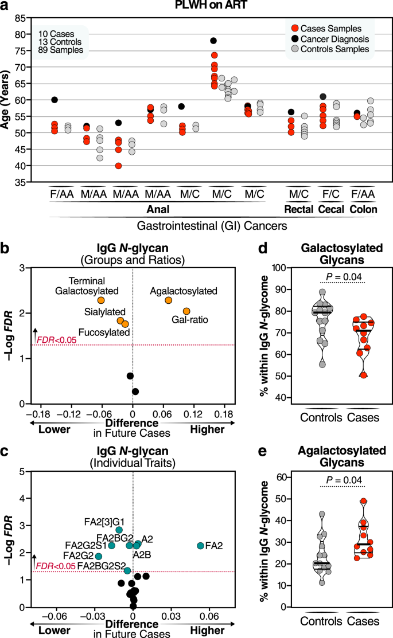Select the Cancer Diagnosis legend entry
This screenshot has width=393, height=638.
pos(332,39)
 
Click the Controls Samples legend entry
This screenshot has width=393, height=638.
pos(332,50)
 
